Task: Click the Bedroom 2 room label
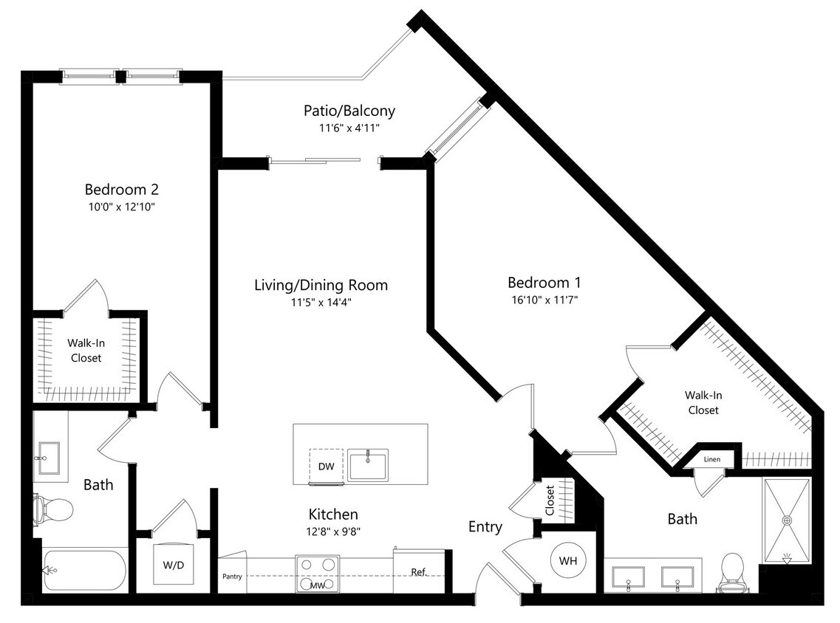click(121, 189)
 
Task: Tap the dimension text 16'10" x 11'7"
click(544, 300)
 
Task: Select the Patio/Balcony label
click(349, 111)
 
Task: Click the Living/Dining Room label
click(321, 285)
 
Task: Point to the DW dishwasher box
click(326, 467)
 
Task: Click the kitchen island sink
click(368, 467)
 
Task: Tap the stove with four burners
click(318, 574)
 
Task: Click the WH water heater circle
click(567, 561)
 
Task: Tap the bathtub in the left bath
click(85, 570)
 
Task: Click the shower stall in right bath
click(787, 521)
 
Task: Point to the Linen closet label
click(711, 459)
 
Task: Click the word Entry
click(485, 527)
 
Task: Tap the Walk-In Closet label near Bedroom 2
click(86, 350)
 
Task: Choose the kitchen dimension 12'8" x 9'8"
click(333, 530)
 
